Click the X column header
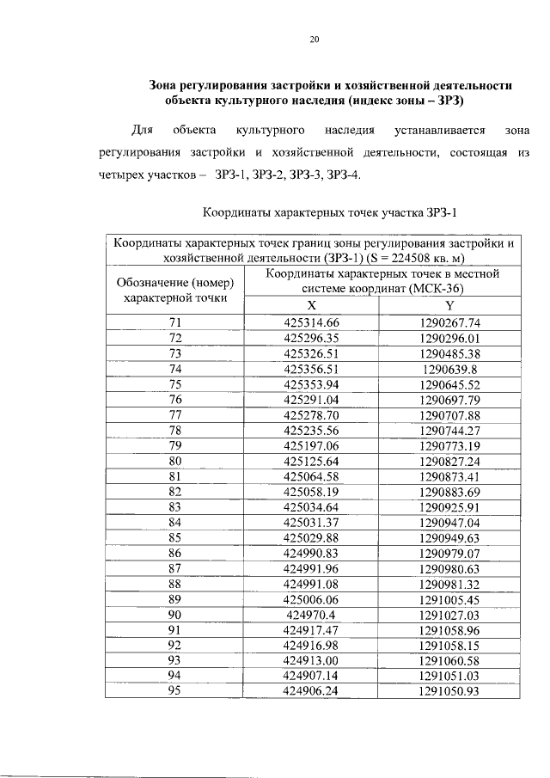(312, 307)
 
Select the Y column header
(449, 307)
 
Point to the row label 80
(175, 462)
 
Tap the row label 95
(175, 691)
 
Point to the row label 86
(175, 554)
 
